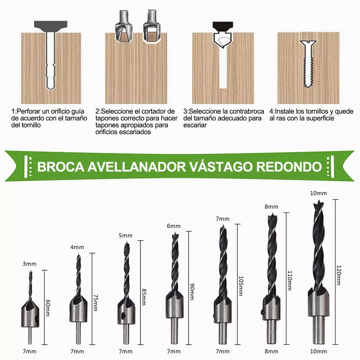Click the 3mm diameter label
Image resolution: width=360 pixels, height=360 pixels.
coord(29,264)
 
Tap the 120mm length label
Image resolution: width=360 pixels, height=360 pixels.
coord(338,274)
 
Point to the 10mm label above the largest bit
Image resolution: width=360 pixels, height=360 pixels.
coord(318,193)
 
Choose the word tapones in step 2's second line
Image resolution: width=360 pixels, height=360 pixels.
coord(108,118)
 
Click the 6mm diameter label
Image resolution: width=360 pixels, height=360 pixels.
coord(174,226)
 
